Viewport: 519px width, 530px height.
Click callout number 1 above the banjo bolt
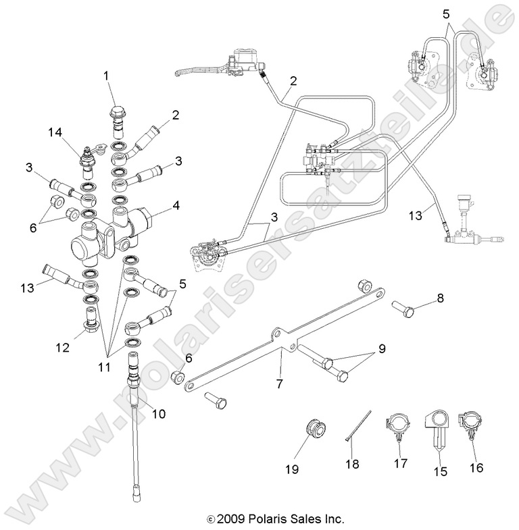105,76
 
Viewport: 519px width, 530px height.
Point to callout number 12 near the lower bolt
63,348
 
